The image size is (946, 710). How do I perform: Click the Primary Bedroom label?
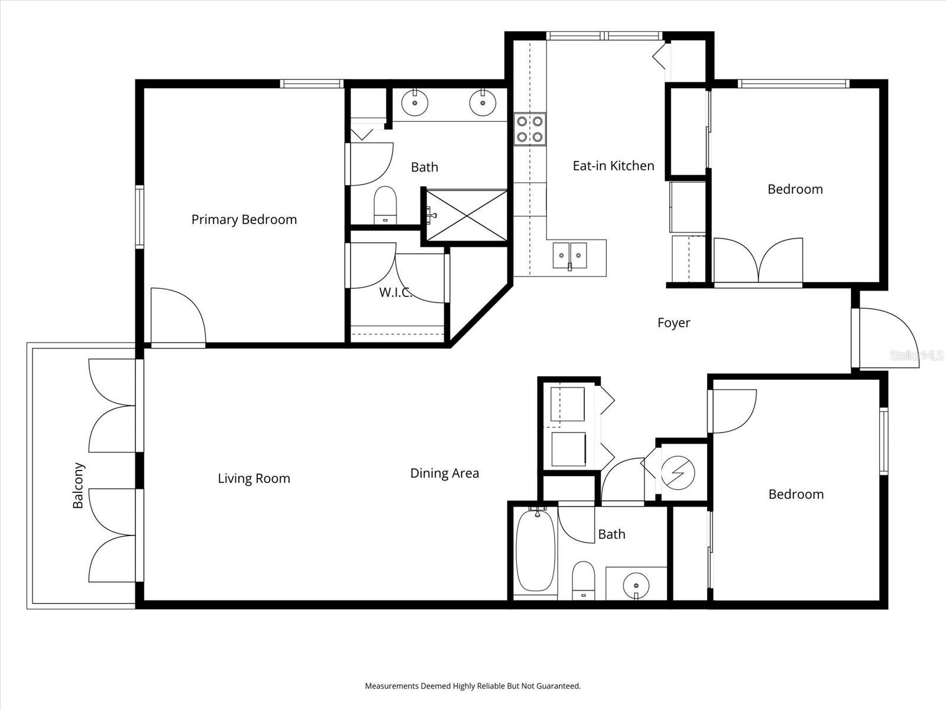tap(244, 220)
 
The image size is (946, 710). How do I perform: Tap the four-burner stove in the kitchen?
tap(529, 130)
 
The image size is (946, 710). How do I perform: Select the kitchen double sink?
tap(570, 256)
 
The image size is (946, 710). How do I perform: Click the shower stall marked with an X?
tap(467, 215)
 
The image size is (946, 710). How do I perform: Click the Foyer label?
tap(673, 323)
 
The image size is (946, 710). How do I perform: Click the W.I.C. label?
tap(395, 292)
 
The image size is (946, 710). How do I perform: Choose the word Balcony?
tap(78, 485)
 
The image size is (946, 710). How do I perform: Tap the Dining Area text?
tap(444, 473)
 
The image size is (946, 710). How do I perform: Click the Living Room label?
tap(254, 479)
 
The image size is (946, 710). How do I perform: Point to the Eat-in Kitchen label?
tap(613, 166)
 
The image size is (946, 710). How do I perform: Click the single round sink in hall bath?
tap(636, 585)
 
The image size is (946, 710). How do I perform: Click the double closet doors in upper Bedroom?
tap(758, 260)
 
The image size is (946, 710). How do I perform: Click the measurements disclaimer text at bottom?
tap(472, 686)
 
